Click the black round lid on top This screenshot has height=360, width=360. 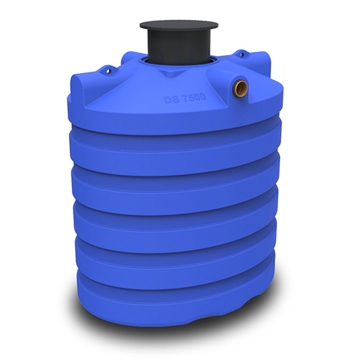[x=178, y=25]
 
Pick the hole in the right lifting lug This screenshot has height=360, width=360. [x=240, y=53]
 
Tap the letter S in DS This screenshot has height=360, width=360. [x=174, y=99]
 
